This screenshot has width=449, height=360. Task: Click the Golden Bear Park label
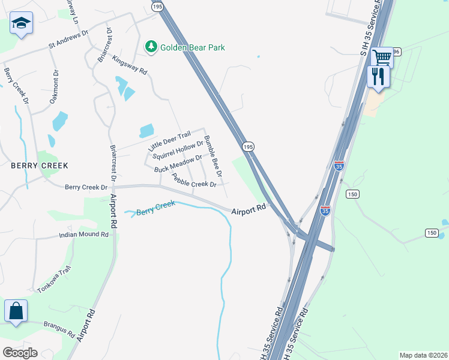pyautogui.click(x=192, y=47)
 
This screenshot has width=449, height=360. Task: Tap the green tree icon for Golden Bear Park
pyautogui.click(x=151, y=46)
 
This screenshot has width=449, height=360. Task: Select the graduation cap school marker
pyautogui.click(x=21, y=25)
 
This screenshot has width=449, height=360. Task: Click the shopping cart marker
pyautogui.click(x=382, y=58)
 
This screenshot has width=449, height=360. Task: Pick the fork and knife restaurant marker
pyautogui.click(x=378, y=76)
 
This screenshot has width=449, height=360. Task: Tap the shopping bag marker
pyautogui.click(x=16, y=311)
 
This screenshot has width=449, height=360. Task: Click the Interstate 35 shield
pyautogui.click(x=339, y=165)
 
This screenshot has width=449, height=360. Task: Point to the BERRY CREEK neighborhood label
pyautogui.click(x=38, y=165)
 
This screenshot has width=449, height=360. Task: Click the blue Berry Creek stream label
pyautogui.click(x=155, y=208)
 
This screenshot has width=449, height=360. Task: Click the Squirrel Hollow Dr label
pyautogui.click(x=178, y=151)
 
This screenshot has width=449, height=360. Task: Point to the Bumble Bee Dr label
pyautogui.click(x=213, y=155)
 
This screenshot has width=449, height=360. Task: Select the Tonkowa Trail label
pyautogui.click(x=54, y=280)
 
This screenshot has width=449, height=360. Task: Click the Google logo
pyautogui.click(x=20, y=352)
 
